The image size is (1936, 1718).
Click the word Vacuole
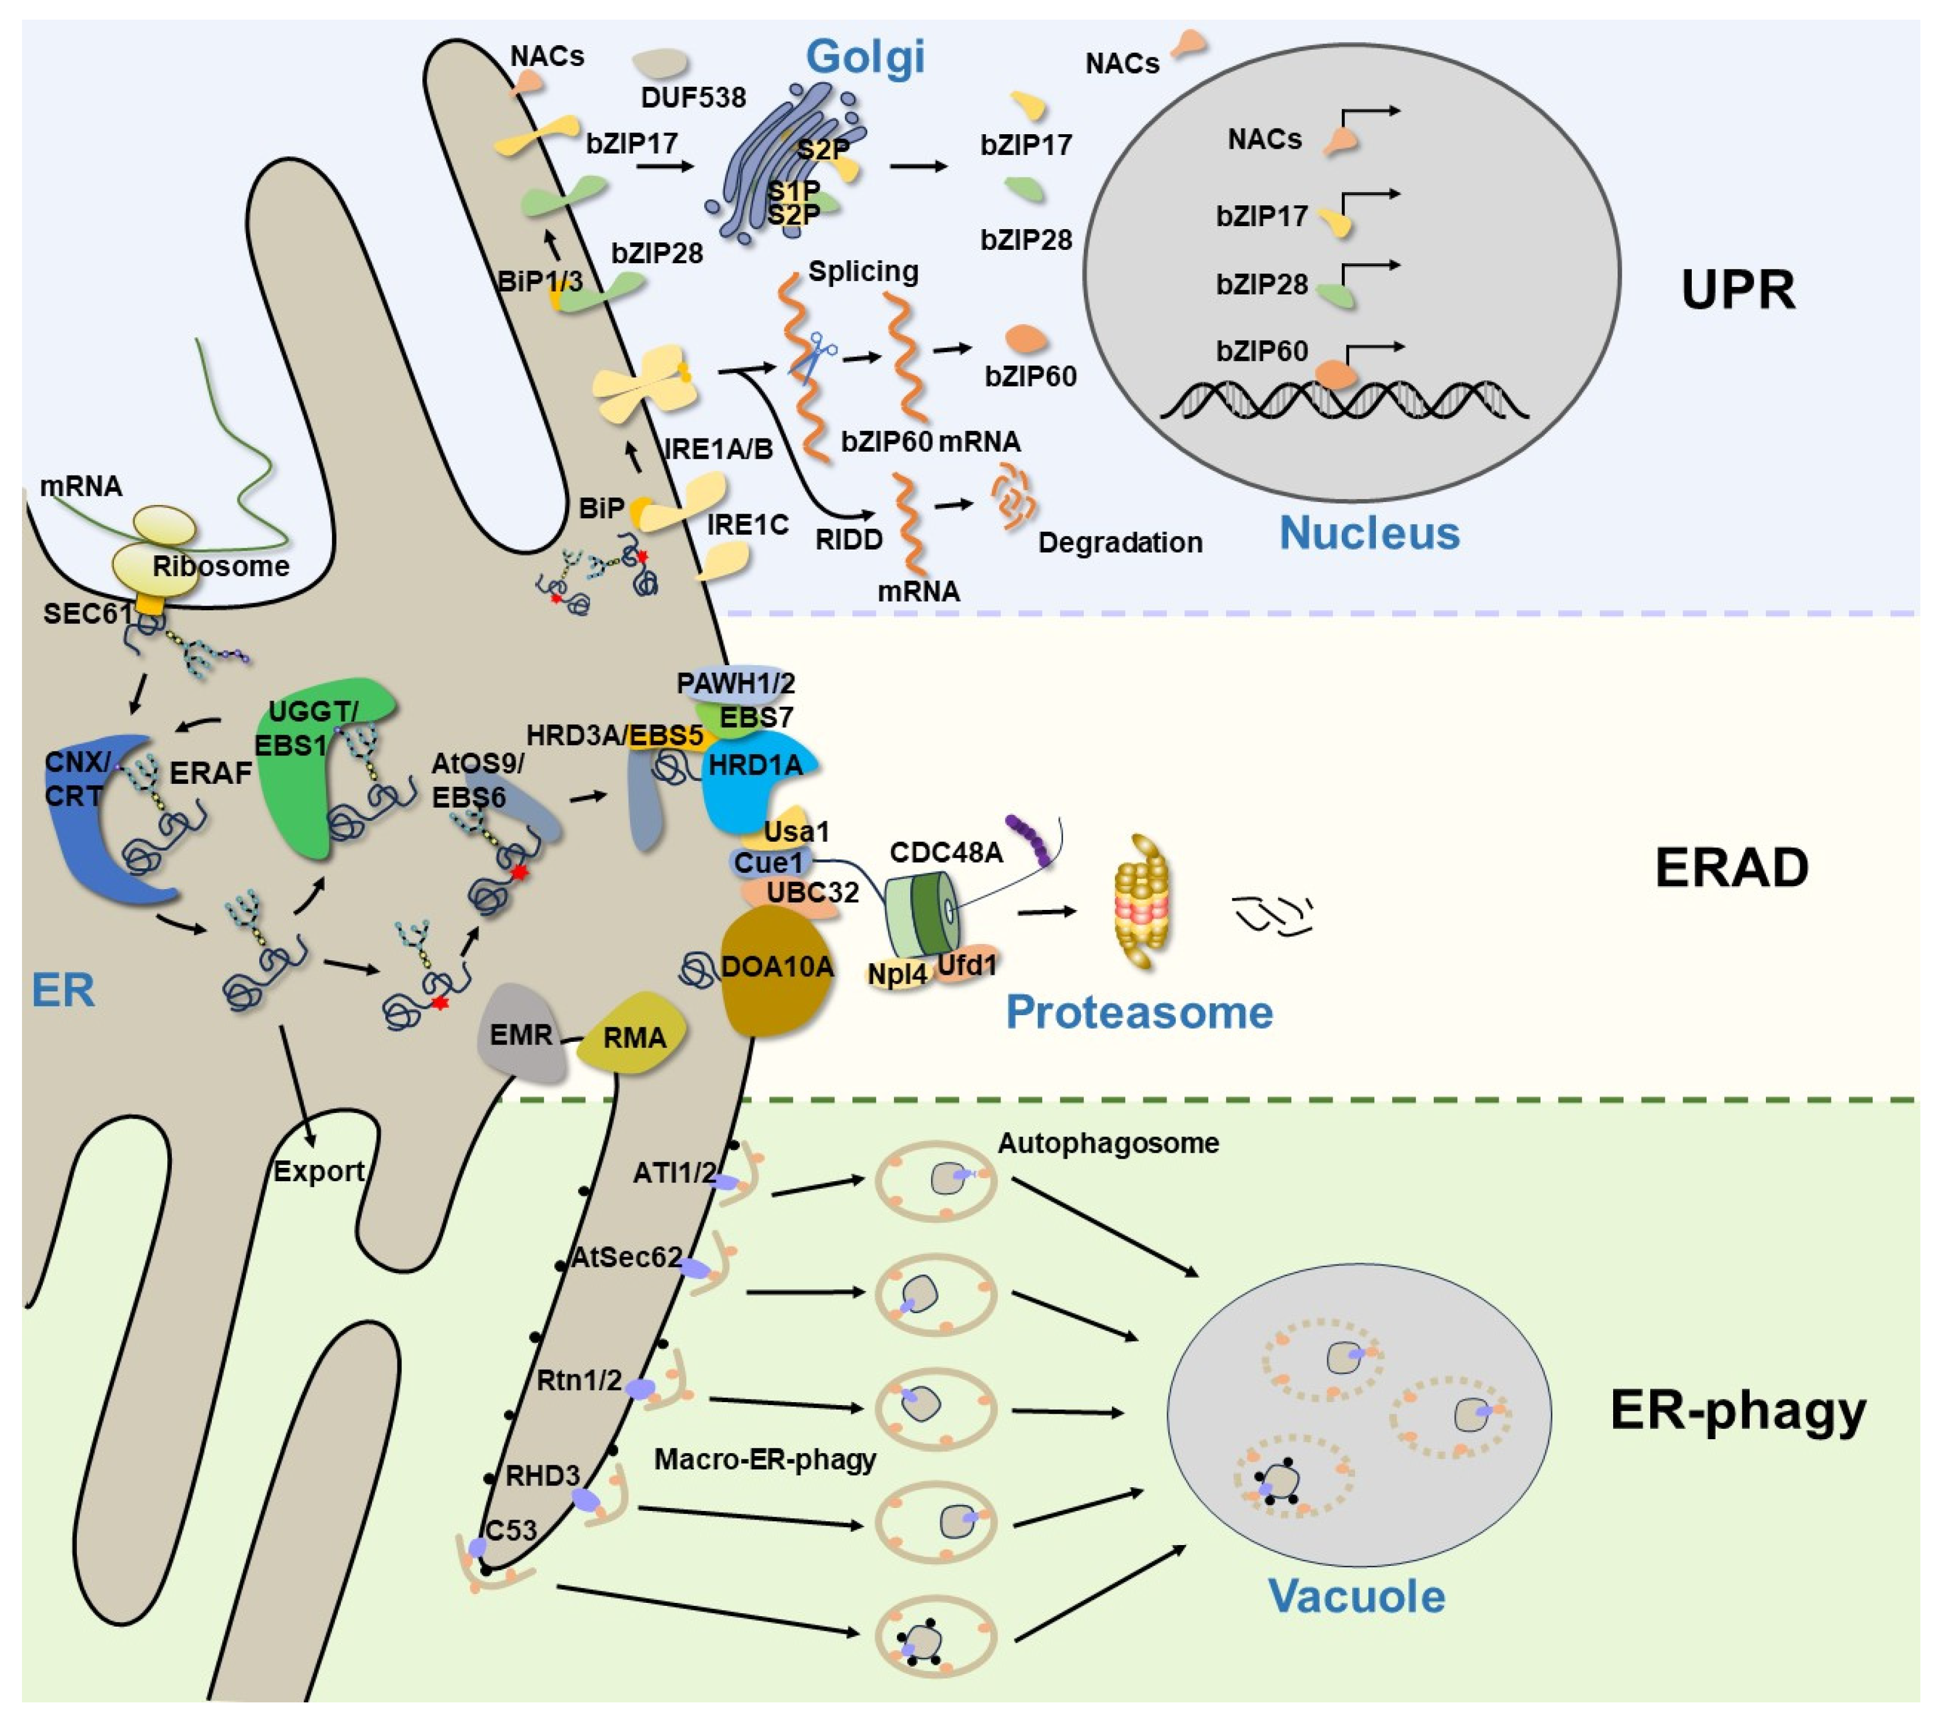[x=1356, y=1596]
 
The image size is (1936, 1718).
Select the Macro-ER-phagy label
[x=764, y=1459]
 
